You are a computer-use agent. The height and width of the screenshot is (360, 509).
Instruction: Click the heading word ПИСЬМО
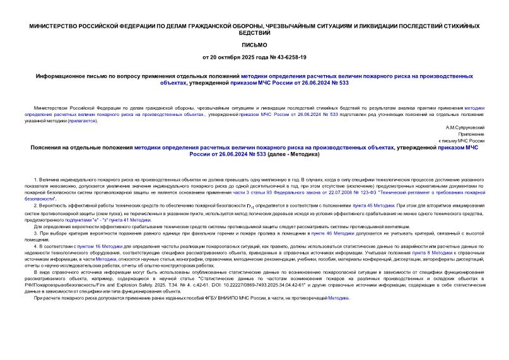[254, 45]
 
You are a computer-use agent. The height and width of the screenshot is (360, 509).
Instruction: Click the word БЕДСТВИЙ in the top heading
[254, 32]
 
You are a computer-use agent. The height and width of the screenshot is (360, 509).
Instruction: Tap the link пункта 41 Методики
[131, 219]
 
